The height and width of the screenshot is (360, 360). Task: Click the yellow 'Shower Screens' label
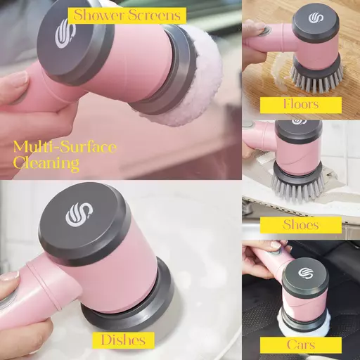(127, 15)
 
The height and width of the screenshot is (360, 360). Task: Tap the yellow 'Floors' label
(301, 105)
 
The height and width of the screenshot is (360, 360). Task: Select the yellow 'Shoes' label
(301, 225)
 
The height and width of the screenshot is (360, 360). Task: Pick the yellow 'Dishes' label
(123, 340)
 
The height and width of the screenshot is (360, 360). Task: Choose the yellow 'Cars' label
(301, 345)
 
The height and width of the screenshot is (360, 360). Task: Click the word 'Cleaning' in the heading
(46, 162)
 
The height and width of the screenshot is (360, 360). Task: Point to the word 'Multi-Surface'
(65, 147)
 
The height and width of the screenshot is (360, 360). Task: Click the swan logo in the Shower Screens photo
(66, 34)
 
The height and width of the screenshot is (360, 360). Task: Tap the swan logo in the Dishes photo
(79, 214)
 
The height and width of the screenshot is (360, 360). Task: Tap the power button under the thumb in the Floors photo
(266, 30)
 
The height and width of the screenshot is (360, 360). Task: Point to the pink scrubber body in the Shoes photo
(297, 153)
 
